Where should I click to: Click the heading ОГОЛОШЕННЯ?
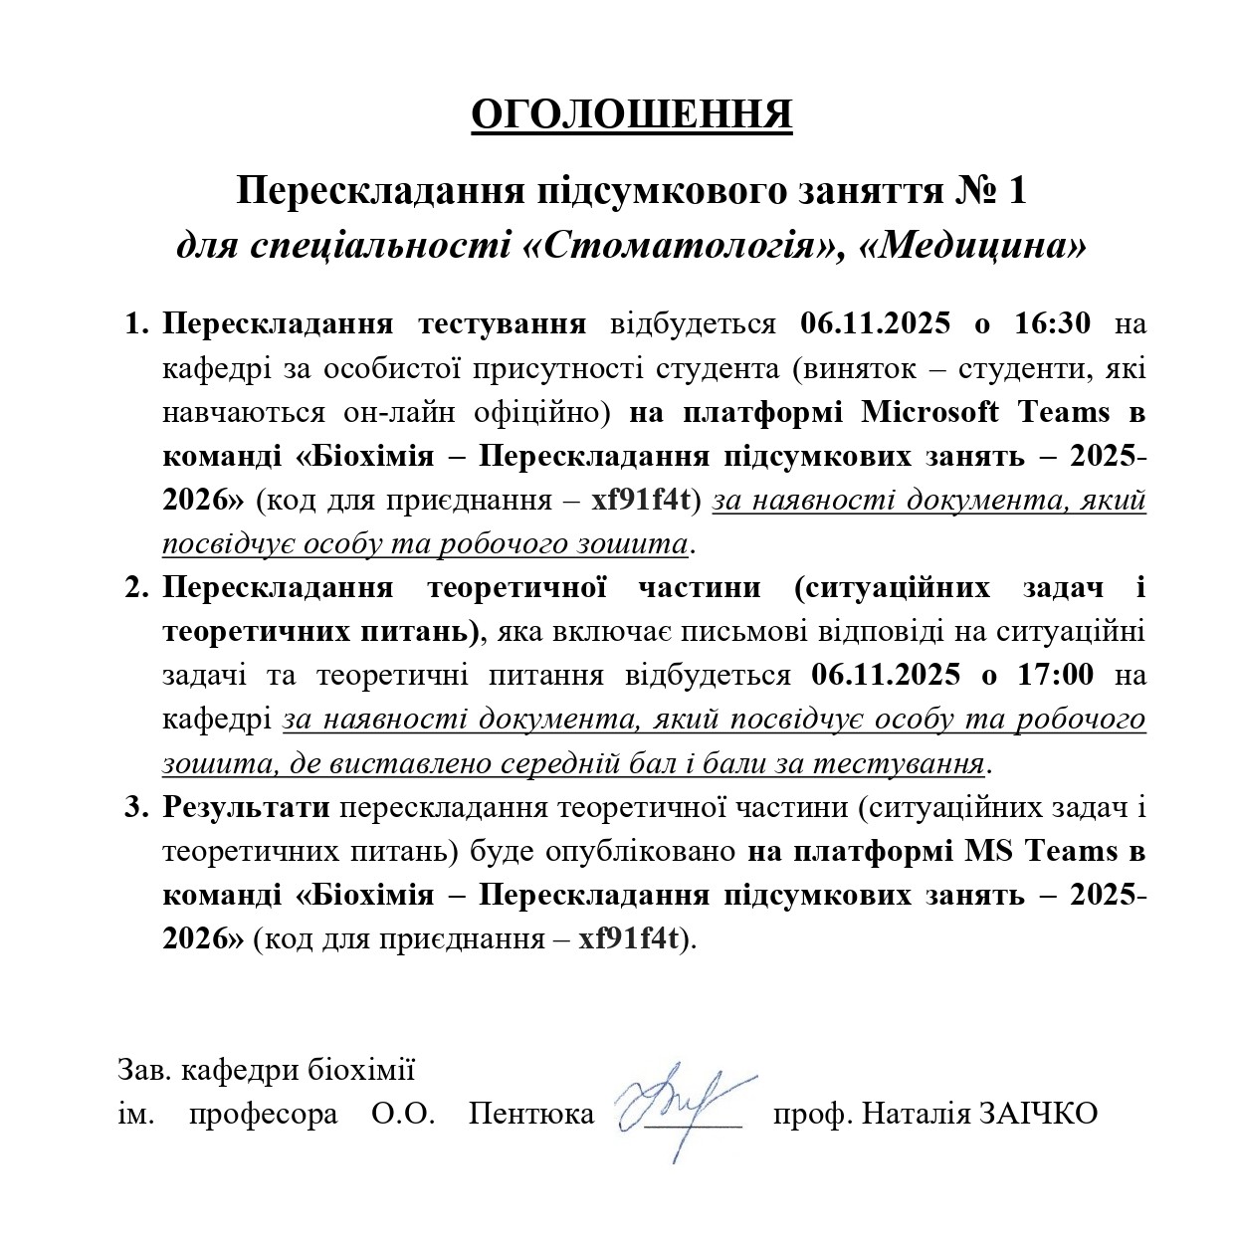(631, 114)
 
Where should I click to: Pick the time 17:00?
(1052, 675)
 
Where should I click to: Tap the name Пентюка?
(531, 1113)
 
